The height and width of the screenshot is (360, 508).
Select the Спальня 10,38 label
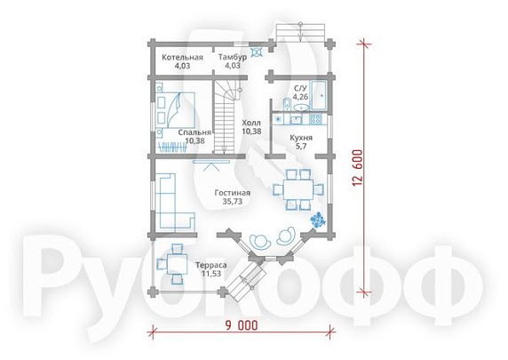(194, 137)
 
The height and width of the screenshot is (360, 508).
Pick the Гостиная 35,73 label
(233, 197)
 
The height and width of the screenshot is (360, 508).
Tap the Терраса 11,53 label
(211, 269)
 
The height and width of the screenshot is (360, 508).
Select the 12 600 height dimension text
(358, 168)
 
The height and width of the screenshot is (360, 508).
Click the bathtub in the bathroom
(320, 95)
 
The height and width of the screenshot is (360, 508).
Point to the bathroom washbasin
(301, 107)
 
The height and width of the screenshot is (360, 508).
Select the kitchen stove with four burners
(316, 119)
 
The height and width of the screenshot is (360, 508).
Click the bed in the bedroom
(178, 109)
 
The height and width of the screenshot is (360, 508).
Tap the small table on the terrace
(177, 264)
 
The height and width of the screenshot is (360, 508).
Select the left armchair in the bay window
(260, 240)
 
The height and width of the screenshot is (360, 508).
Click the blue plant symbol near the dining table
(318, 220)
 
